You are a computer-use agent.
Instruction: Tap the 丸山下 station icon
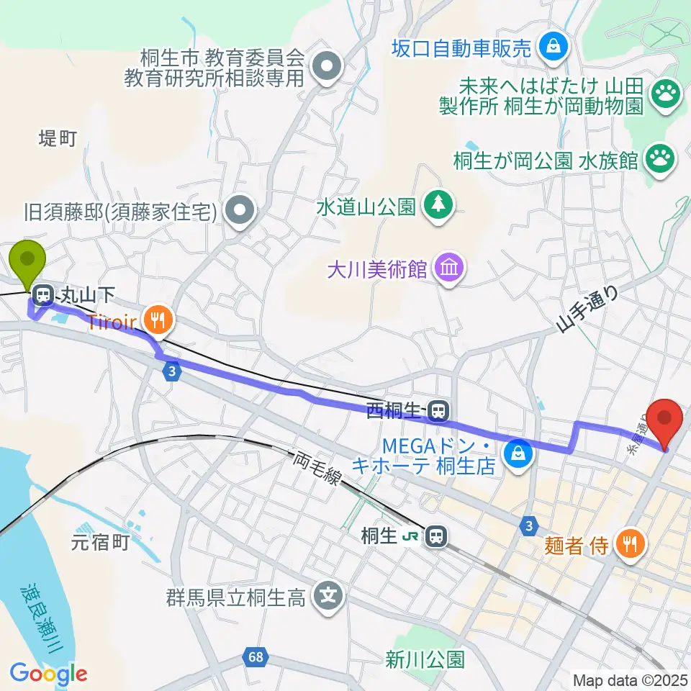coord(43,294)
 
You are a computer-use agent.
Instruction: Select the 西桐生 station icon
coord(436,411)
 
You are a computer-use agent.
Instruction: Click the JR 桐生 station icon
coord(434,536)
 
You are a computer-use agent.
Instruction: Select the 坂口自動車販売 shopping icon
coord(554,48)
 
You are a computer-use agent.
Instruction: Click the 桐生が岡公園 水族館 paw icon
coord(661,158)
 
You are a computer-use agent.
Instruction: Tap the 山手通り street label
coord(587,310)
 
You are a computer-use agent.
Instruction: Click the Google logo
coord(48,674)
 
